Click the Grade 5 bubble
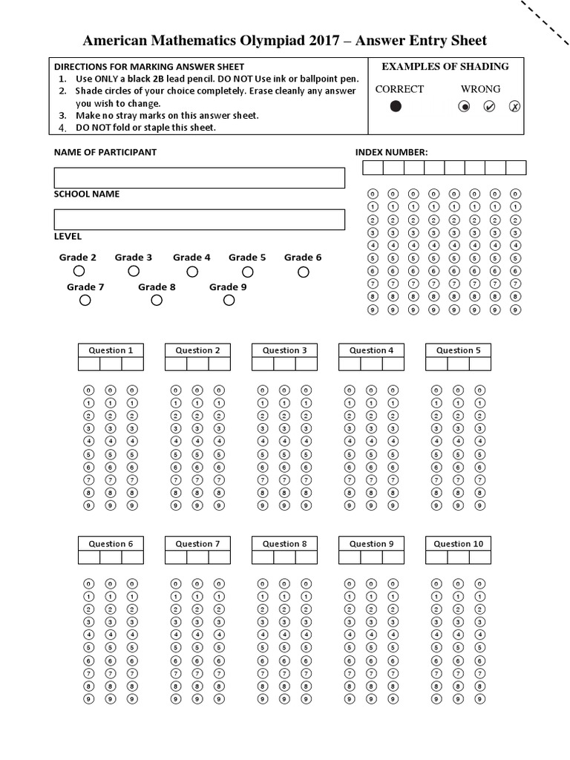248,272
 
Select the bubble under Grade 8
157,301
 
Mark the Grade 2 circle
79,272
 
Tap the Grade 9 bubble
229,301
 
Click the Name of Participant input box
199,178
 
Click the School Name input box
199,220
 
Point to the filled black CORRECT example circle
396,107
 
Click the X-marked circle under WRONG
514,107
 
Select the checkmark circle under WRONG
489,107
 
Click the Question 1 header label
111,350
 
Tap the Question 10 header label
458,544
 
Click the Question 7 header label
197,544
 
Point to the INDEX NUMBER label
391,152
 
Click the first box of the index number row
372,168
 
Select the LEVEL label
68,237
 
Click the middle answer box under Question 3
284,364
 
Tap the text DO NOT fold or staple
145,128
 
